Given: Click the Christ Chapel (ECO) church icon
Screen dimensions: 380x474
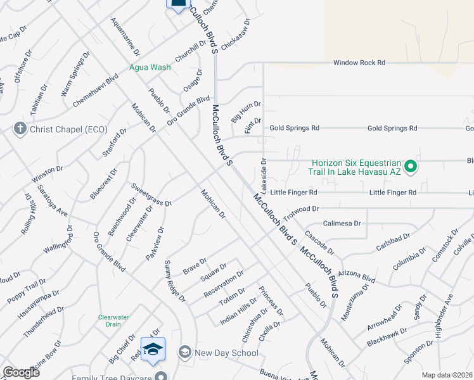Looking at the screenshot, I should pyautogui.click(x=20, y=129).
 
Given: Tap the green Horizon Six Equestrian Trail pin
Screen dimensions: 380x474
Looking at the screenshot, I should pyautogui.click(x=411, y=167).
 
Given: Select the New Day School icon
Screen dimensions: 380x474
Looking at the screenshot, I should pyautogui.click(x=184, y=351).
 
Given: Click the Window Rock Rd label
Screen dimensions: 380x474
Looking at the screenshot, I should pyautogui.click(x=359, y=63).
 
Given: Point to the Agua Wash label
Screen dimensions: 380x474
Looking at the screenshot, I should pyautogui.click(x=150, y=67).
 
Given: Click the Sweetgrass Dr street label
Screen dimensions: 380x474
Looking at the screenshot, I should pyautogui.click(x=151, y=194).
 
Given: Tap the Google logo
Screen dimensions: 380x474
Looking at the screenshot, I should pyautogui.click(x=21, y=372).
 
